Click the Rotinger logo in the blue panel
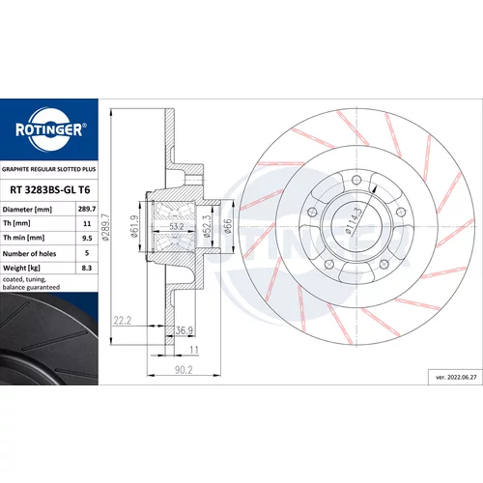[50, 129]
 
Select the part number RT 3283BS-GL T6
[50, 190]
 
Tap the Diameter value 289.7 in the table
[87, 209]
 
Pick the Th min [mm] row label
[24, 238]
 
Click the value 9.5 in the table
[87, 239]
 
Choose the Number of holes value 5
[87, 253]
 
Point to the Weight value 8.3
[87, 268]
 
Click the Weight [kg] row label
[21, 268]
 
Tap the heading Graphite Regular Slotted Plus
[49, 169]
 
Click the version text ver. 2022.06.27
[456, 377]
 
